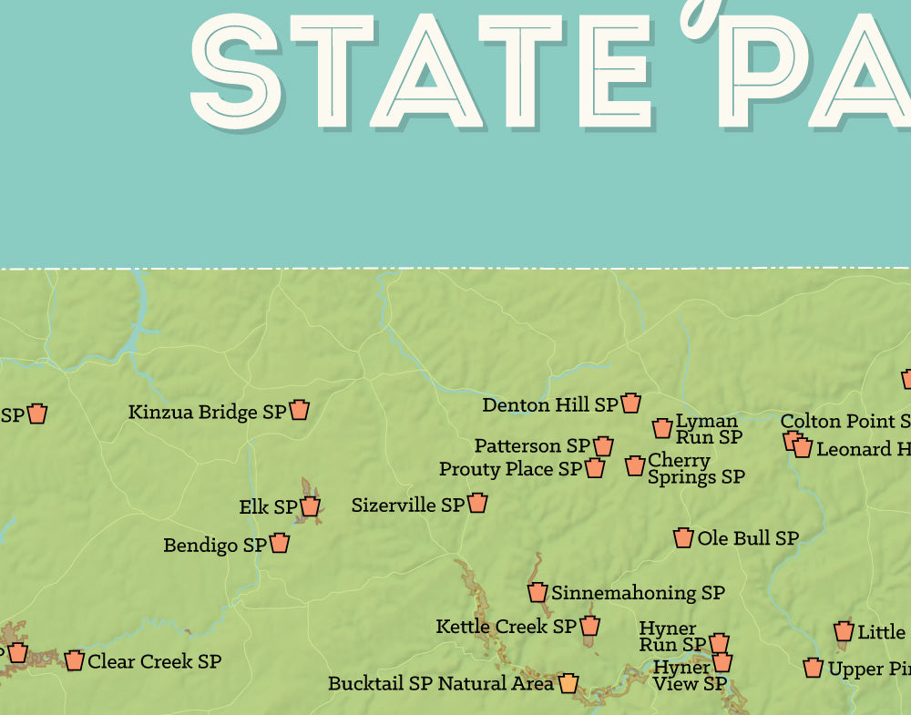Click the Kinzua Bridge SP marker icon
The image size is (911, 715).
click(x=300, y=410)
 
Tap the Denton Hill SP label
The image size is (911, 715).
click(x=549, y=404)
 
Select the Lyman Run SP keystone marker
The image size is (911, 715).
click(x=662, y=428)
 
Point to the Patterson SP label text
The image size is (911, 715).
click(x=531, y=445)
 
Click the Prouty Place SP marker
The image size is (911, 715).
click(x=595, y=468)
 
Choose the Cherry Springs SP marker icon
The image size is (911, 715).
click(x=635, y=465)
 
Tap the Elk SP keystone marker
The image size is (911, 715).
click(x=311, y=506)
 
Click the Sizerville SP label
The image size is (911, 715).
click(x=407, y=505)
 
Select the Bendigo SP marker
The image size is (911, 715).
click(x=280, y=544)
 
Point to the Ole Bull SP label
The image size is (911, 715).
click(x=748, y=538)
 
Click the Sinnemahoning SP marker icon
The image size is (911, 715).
click(x=537, y=592)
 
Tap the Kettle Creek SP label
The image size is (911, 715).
click(x=506, y=627)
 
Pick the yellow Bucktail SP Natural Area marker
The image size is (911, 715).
click(x=568, y=682)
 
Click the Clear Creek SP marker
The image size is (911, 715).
click(x=75, y=660)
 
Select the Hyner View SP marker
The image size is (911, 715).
click(x=722, y=662)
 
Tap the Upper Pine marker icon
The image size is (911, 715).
click(x=814, y=669)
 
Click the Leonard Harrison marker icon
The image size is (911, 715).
click(x=803, y=448)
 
